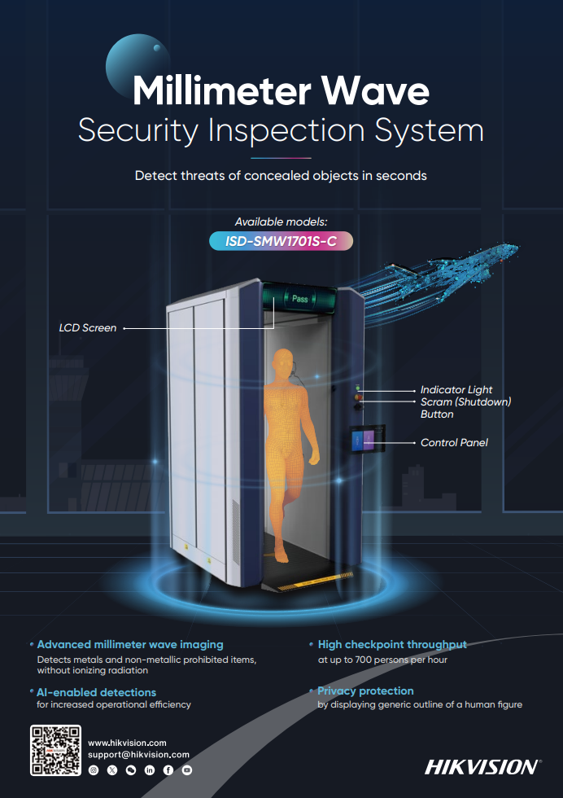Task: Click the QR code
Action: point(55,750)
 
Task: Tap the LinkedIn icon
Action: point(150,770)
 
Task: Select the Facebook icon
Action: point(168,770)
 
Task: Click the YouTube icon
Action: point(187,770)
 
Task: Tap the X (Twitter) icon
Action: point(112,770)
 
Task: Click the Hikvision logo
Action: point(482,767)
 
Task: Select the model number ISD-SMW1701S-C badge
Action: point(281,241)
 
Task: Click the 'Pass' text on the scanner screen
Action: point(299,299)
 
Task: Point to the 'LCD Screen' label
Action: point(88,328)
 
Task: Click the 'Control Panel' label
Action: point(454,443)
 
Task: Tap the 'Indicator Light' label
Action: point(456,390)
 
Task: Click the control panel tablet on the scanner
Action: point(367,439)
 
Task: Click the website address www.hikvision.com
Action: point(127,743)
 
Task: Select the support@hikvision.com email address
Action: point(138,755)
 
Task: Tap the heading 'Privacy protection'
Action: point(365,691)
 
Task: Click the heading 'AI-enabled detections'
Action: point(96,693)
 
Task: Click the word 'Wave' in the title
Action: point(375,90)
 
